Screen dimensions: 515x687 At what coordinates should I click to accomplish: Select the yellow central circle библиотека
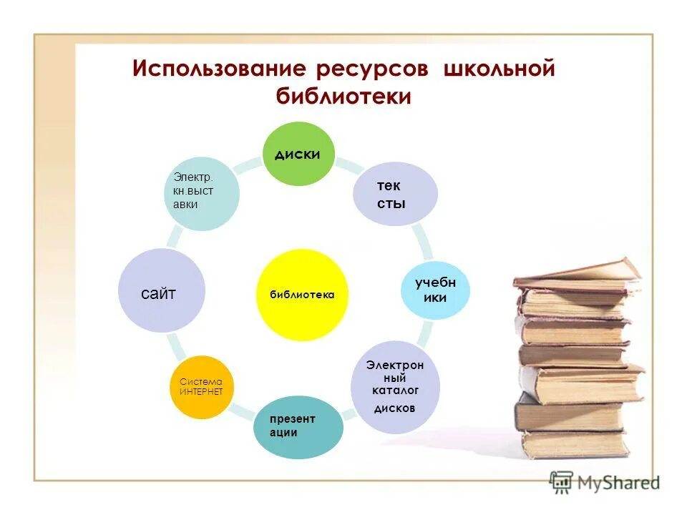coord(302,295)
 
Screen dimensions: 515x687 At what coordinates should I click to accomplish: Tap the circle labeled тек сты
coord(394,194)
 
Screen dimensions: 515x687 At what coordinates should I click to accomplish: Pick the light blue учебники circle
coord(435,290)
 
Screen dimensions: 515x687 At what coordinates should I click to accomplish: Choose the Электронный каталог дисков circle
coord(394,387)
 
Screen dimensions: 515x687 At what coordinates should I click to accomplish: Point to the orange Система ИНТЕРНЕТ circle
coord(201,387)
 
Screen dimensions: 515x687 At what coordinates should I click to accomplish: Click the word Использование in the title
coord(219,69)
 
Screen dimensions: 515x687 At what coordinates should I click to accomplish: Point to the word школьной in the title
coord(500,69)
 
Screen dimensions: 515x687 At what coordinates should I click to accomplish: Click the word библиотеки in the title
coord(344,97)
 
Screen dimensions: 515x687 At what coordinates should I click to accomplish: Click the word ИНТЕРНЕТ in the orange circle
coord(201,392)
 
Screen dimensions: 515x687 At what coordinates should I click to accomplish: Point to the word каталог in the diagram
coord(395,390)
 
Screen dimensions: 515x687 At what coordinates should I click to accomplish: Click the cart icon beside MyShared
coord(562,481)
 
